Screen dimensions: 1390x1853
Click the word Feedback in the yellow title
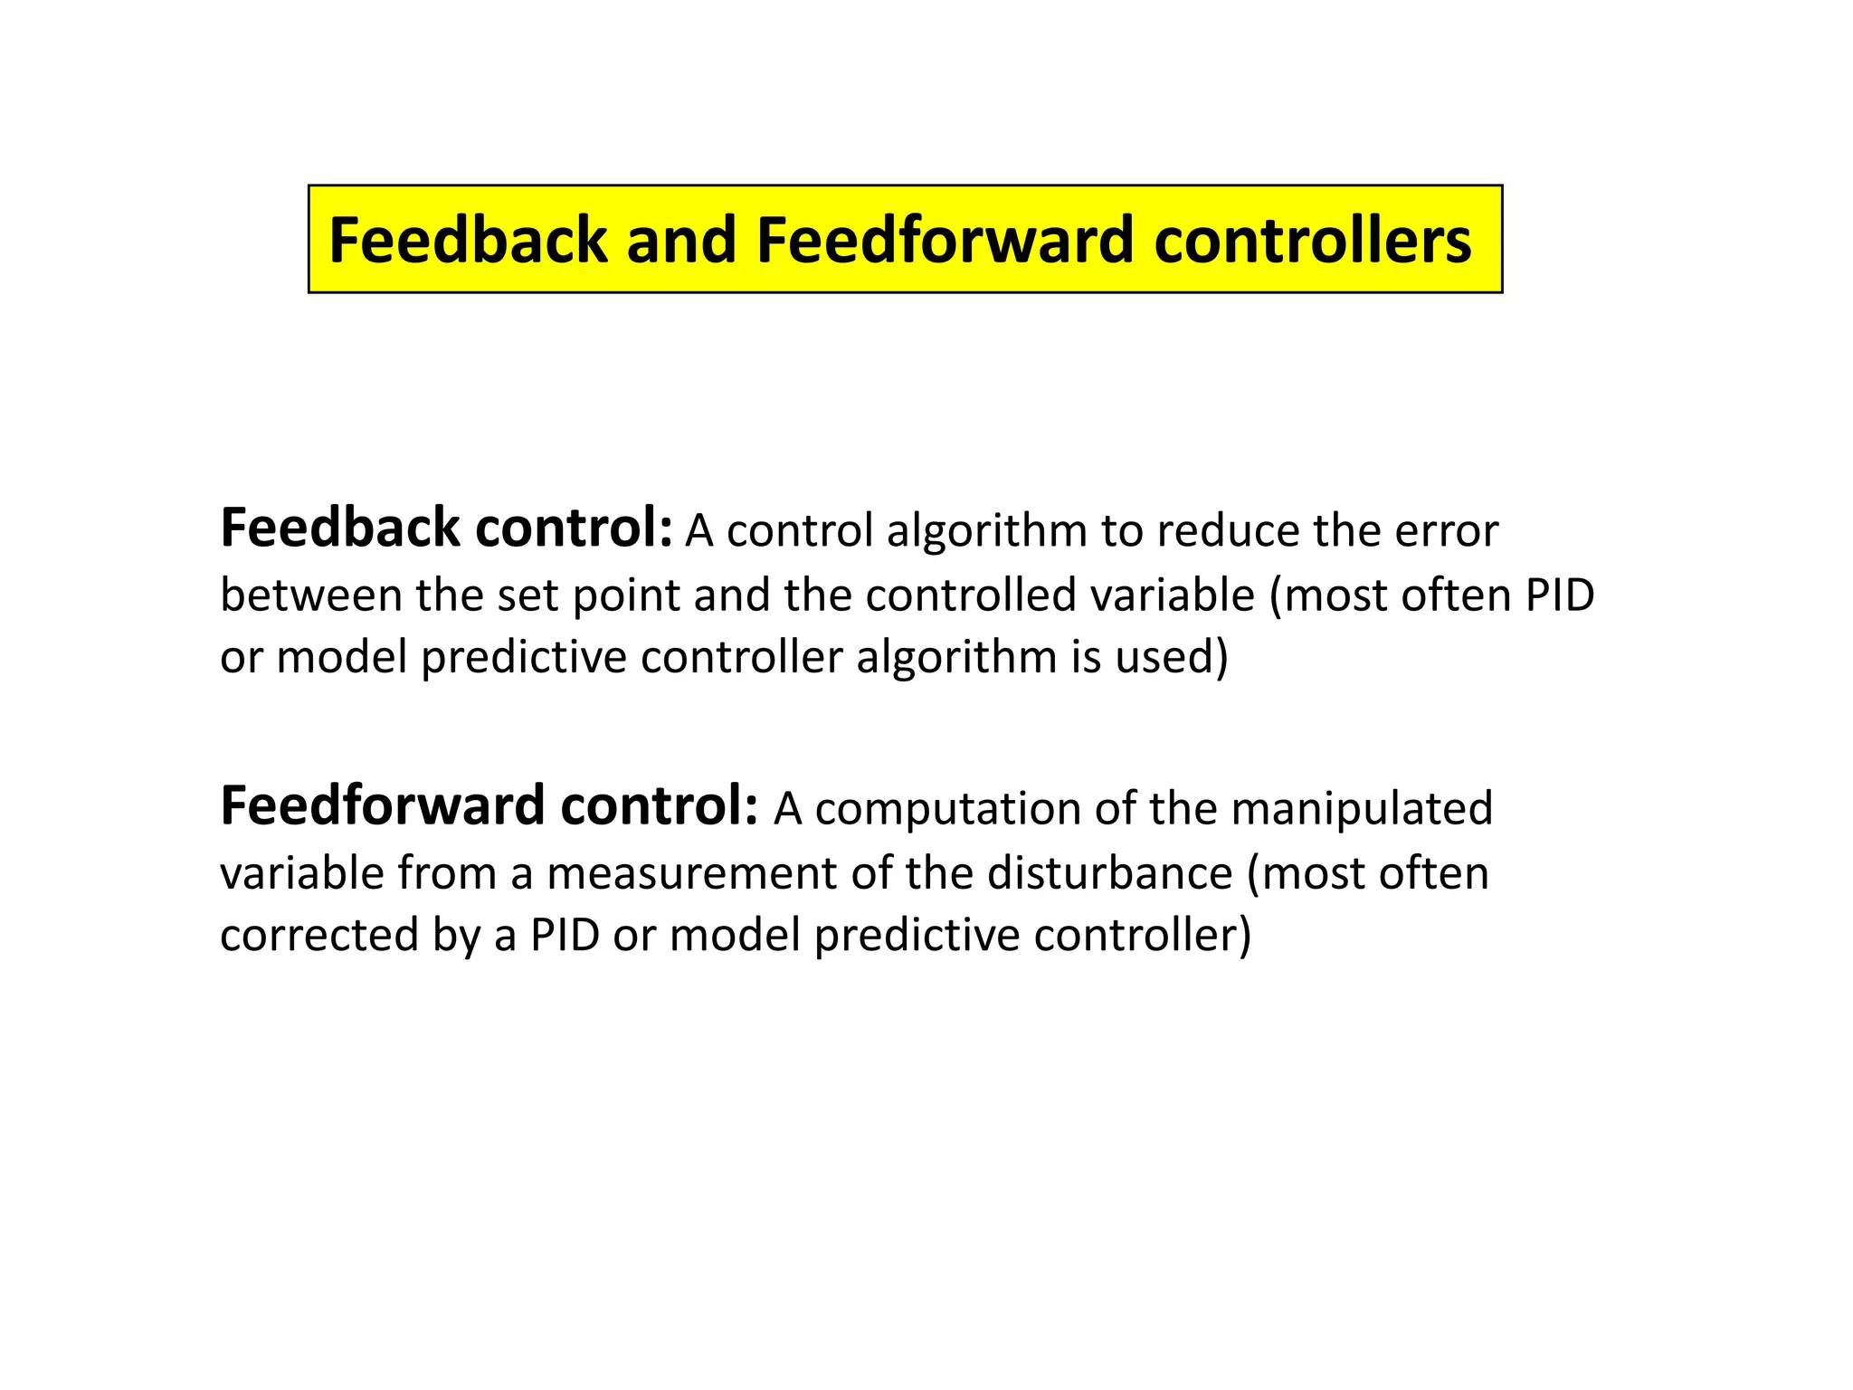click(468, 241)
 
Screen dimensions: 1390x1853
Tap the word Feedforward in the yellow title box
click(945, 241)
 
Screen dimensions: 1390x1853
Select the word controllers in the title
click(1313, 241)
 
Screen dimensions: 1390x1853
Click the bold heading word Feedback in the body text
click(340, 528)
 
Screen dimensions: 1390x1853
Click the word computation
click(947, 809)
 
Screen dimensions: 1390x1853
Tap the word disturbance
click(1109, 873)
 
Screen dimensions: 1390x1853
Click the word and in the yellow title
click(681, 241)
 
